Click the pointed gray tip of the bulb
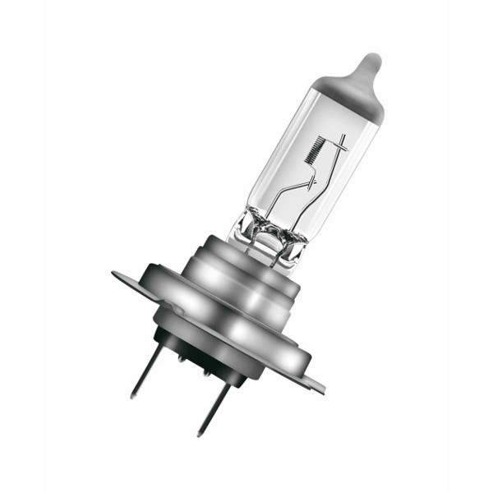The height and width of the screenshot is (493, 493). tap(371, 62)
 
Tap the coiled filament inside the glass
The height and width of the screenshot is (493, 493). tap(313, 151)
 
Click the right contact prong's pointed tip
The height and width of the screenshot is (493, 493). tap(200, 434)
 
